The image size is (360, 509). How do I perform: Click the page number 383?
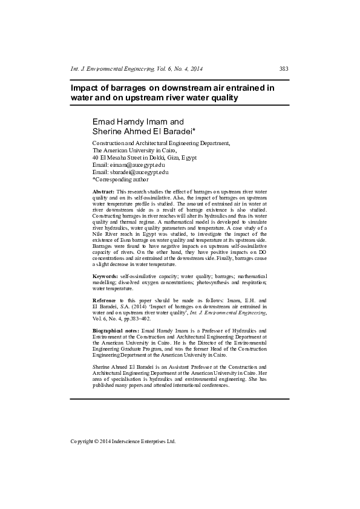[x=284, y=69]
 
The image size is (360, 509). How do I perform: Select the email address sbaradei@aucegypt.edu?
[x=139, y=172]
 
